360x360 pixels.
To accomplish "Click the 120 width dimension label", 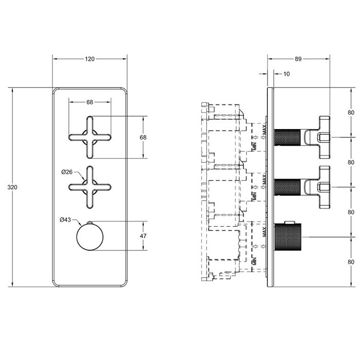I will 90,60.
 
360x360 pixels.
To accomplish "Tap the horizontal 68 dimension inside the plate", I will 90,102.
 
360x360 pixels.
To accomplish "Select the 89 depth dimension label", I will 298,60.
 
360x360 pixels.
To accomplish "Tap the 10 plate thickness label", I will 286,74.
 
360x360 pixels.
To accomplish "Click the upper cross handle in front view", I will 89,137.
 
